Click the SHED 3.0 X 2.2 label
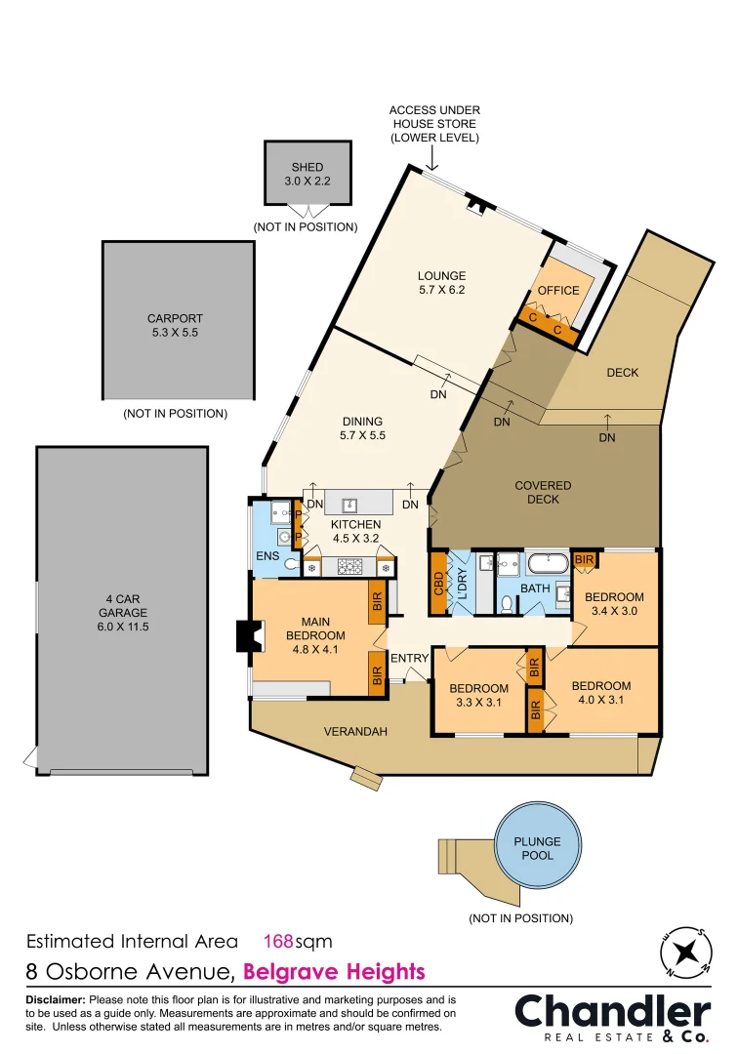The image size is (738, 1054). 307,174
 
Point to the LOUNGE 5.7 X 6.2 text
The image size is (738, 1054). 441,282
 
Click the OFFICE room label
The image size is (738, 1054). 558,290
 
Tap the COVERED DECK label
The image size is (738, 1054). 543,492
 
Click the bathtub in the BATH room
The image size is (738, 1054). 548,563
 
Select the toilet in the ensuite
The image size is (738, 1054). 289,563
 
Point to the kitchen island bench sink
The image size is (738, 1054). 350,504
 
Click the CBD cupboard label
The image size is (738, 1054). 439,583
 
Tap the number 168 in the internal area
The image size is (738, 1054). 278,942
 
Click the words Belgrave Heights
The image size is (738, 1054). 334,972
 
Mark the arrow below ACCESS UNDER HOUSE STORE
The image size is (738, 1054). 434,159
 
